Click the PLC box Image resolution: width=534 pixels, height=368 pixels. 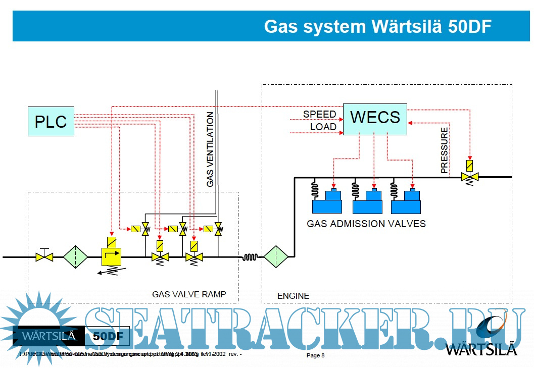pyautogui.click(x=51, y=121)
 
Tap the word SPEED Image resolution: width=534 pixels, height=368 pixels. pyautogui.click(x=319, y=114)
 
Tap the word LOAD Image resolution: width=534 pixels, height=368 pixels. pyautogui.click(x=323, y=127)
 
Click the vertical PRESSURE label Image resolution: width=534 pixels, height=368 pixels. pyautogui.click(x=444, y=150)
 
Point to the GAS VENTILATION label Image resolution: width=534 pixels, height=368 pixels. pyautogui.click(x=210, y=150)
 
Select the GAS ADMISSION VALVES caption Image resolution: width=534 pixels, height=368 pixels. pyautogui.click(x=366, y=223)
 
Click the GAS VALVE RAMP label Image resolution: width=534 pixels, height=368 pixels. pyautogui.click(x=189, y=294)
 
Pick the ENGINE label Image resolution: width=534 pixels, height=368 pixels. pyautogui.click(x=293, y=295)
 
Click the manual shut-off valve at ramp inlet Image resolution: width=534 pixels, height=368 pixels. pyautogui.click(x=44, y=257)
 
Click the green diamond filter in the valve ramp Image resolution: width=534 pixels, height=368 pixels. pyautogui.click(x=75, y=257)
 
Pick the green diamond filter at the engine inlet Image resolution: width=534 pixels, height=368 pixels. pyautogui.click(x=276, y=257)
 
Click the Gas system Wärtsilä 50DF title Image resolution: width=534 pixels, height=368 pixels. pyautogui.click(x=377, y=26)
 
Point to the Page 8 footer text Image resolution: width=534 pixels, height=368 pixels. pyautogui.click(x=316, y=355)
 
